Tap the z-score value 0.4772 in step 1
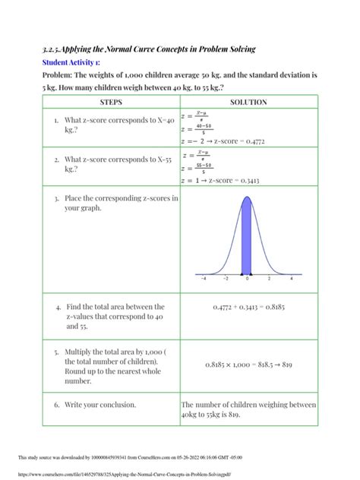(272, 141)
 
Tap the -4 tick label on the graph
(204, 279)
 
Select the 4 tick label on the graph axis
(292, 279)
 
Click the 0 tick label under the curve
(248, 279)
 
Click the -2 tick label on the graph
(226, 279)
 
